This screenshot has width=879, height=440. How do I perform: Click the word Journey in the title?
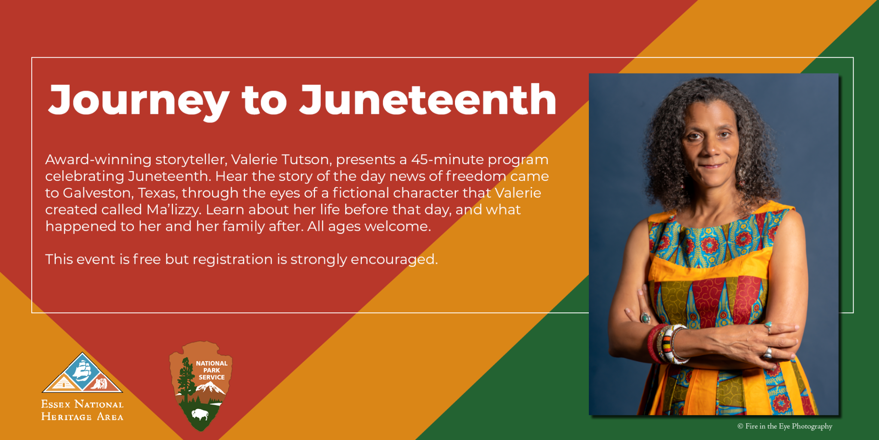(x=138, y=101)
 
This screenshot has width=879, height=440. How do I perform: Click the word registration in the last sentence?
(x=232, y=260)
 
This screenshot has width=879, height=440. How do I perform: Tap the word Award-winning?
(x=98, y=160)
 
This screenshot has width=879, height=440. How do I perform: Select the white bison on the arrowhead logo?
(x=200, y=415)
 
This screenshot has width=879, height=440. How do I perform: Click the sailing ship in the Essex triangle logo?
(x=82, y=370)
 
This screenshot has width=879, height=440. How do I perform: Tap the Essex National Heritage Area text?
(x=82, y=410)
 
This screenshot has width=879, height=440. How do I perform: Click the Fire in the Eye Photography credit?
(x=785, y=426)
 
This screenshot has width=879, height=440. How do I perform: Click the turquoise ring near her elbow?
(x=645, y=318)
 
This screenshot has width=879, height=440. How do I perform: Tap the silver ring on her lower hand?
(x=767, y=353)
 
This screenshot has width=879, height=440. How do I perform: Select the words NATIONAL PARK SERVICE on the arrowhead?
(x=212, y=370)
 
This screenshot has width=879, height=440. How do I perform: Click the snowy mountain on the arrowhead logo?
(x=211, y=388)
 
